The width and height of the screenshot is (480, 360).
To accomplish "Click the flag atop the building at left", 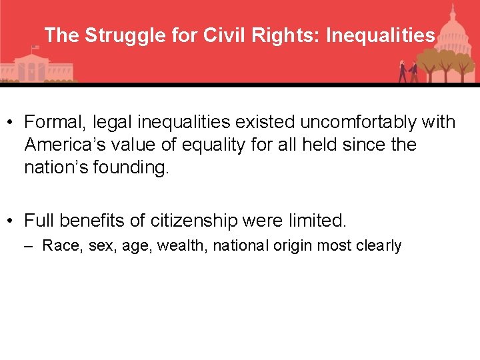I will [x=35, y=48].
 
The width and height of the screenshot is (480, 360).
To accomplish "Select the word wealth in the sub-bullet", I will [x=183, y=246].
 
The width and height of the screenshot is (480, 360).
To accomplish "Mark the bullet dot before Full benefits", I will [x=11, y=220].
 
